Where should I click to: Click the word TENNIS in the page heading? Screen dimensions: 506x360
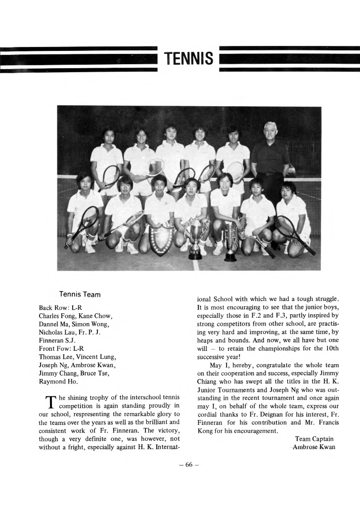188,58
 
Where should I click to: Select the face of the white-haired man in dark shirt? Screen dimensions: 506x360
270,132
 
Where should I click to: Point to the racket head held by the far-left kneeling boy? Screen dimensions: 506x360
90,217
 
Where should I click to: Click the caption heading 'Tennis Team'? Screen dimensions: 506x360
80,295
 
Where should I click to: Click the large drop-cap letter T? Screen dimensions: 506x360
50,405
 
